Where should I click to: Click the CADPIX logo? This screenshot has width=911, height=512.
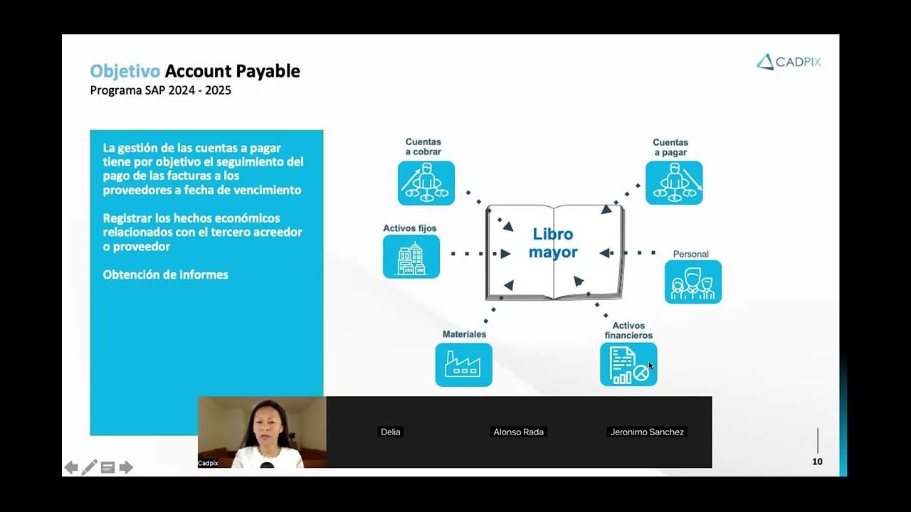click(789, 62)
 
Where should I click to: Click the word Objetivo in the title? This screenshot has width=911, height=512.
click(125, 71)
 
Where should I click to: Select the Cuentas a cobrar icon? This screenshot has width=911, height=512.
click(426, 183)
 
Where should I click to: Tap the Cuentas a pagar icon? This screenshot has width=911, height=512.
click(674, 183)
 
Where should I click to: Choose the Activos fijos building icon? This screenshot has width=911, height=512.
click(411, 257)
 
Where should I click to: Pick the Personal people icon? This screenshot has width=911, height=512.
click(693, 282)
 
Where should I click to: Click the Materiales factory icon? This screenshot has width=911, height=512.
click(463, 365)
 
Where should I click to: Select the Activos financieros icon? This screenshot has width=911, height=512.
click(628, 365)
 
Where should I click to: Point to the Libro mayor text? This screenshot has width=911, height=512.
click(553, 243)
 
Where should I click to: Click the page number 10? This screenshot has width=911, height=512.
click(817, 462)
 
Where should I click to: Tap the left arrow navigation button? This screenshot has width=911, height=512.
click(71, 467)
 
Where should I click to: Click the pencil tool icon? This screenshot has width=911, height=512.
click(90, 467)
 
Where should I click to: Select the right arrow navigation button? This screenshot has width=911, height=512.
click(126, 467)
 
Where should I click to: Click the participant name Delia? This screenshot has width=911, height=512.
click(390, 432)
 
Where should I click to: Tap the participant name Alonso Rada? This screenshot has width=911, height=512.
click(518, 432)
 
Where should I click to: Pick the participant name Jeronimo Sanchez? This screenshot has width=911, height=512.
click(647, 432)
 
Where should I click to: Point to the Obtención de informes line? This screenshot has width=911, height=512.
click(165, 274)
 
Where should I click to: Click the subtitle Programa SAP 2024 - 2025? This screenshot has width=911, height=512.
click(160, 90)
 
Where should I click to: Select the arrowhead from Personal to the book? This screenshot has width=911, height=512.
click(605, 253)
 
